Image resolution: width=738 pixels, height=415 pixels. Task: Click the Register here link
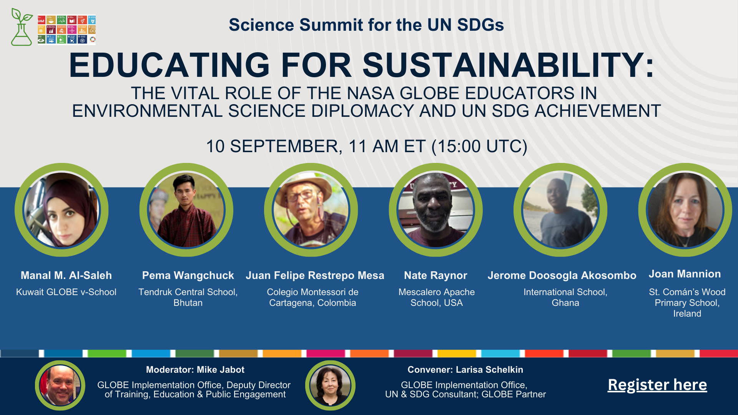coord(657,385)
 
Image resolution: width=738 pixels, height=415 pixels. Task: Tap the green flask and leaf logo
coord(22,27)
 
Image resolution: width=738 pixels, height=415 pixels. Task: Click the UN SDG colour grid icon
coord(66,30)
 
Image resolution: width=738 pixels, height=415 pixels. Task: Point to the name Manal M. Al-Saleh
coord(66,275)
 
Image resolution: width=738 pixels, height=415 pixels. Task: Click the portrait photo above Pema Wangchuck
coord(186,210)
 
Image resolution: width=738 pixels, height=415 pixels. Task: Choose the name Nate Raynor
coord(435,275)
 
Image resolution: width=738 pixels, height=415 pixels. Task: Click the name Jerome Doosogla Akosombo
coord(562,275)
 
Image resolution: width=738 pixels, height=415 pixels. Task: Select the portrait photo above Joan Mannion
coord(685,210)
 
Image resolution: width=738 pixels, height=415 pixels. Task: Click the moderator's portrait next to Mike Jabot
coord(60,385)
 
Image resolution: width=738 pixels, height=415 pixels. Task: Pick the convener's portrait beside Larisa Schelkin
coord(330,385)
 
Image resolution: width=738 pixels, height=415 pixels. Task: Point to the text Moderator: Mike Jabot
coord(195,370)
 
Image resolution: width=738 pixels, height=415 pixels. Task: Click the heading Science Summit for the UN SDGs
coord(366,25)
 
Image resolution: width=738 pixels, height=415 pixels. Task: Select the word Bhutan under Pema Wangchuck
coord(188,303)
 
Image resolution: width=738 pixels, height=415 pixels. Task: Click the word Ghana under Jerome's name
coord(565,303)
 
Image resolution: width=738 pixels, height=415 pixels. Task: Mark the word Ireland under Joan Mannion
coord(687,314)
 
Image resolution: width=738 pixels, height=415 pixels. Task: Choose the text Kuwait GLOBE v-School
coord(66,292)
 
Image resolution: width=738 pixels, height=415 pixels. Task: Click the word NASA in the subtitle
coord(371,93)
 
